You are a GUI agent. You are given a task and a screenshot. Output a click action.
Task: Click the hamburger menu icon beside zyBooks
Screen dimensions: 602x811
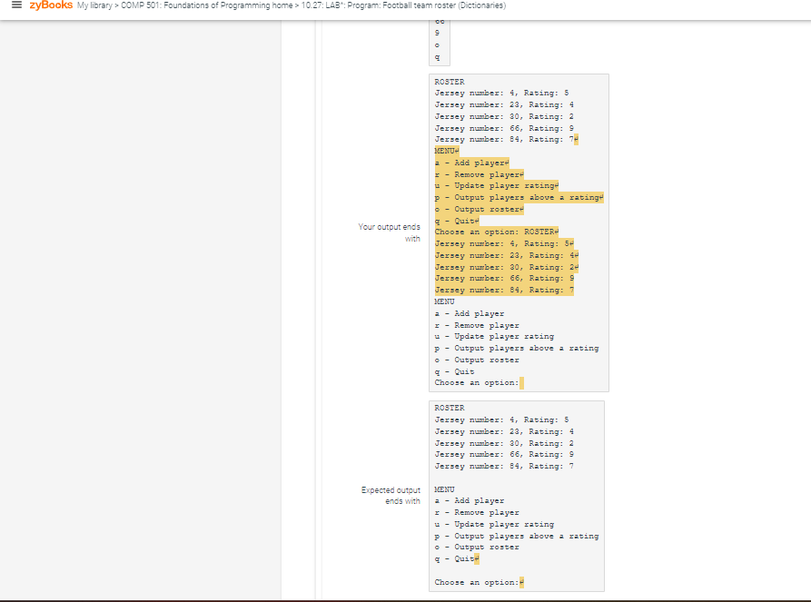[12, 6]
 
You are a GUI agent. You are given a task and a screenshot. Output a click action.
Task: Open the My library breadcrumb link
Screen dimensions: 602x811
[97, 6]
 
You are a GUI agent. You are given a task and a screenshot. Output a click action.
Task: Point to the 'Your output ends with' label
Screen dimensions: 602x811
[390, 232]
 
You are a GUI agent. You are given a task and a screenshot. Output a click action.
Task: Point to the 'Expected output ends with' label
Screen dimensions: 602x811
[391, 495]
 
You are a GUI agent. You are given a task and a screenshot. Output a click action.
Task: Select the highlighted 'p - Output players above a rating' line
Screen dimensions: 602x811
[518, 197]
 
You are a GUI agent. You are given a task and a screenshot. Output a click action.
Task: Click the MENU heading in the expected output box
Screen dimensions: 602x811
[445, 489]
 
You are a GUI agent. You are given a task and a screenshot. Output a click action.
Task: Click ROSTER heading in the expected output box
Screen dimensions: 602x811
[450, 409]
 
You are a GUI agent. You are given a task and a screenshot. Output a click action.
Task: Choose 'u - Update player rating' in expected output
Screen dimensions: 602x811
[494, 525]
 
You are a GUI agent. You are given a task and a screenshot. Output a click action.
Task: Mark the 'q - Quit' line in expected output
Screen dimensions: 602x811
[455, 559]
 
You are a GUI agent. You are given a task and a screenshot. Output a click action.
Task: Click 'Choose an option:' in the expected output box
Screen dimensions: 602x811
[476, 582]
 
